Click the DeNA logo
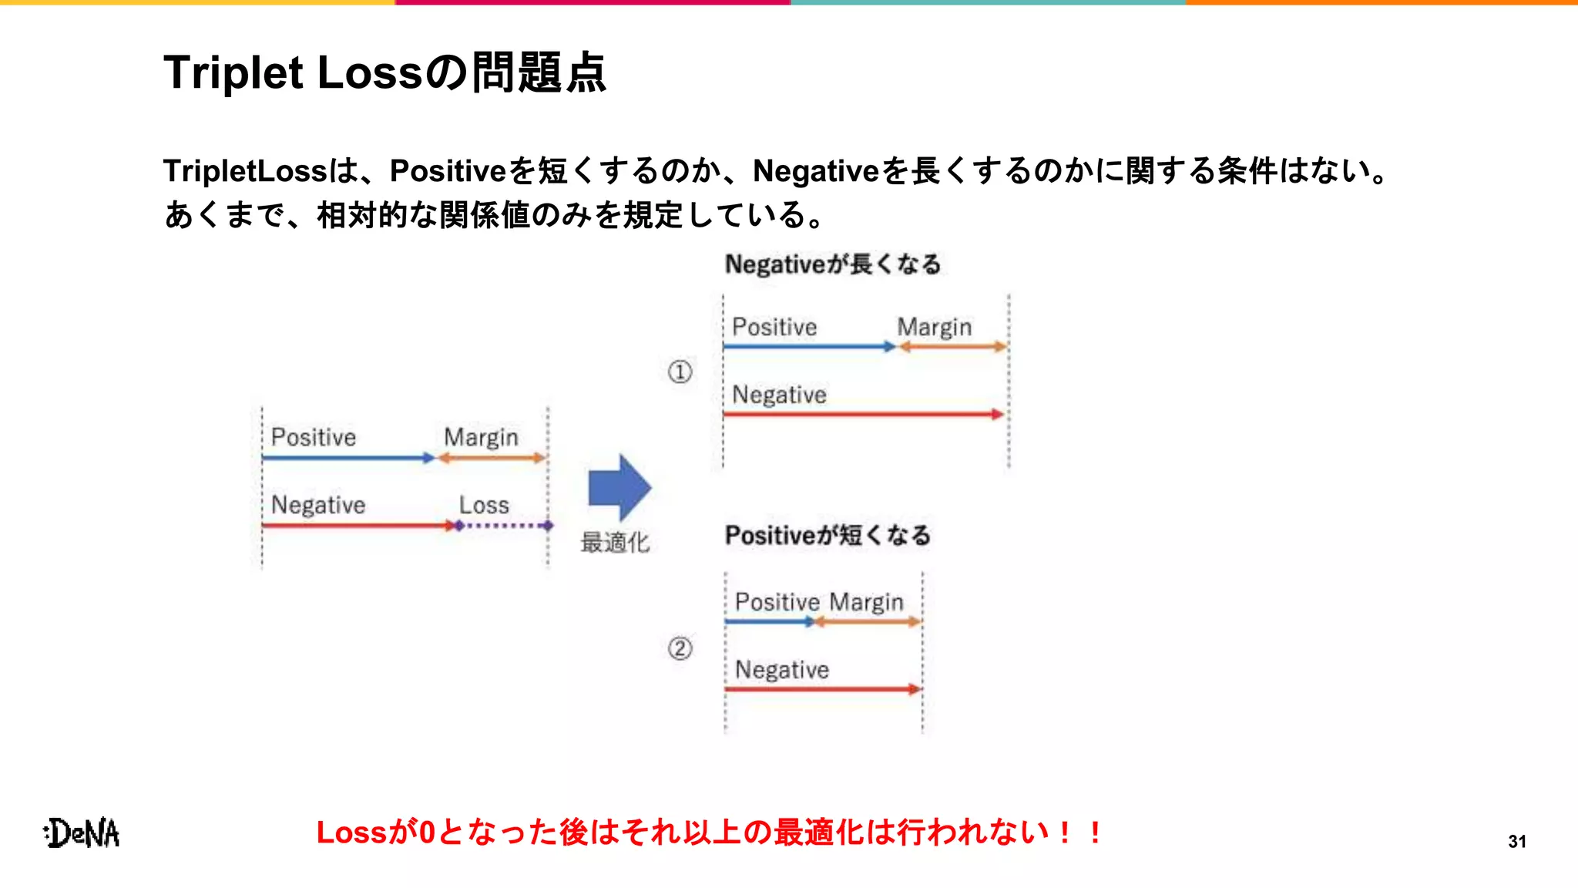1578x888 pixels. point(82,833)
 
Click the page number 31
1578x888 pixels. point(1516,841)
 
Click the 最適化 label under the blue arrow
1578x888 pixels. point(614,543)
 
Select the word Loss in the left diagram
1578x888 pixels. point(484,506)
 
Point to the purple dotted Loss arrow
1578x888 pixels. point(505,526)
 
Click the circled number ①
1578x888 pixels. point(680,372)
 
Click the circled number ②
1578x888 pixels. point(680,648)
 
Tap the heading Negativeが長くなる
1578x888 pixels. point(832,264)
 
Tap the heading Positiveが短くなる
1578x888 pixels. point(828,535)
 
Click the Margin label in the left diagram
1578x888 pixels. point(481,438)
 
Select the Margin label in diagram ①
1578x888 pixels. point(934,328)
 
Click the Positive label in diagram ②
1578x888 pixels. point(777,602)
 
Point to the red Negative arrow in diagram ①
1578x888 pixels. point(863,415)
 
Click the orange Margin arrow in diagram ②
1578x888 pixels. point(868,621)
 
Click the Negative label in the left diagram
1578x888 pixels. point(318,506)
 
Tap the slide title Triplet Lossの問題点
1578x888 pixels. point(384,73)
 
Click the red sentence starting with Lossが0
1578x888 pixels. point(709,832)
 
